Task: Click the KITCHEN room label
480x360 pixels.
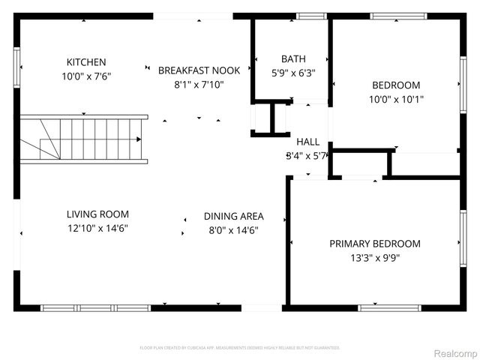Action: tap(86, 62)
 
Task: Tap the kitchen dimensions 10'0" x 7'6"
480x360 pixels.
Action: tap(86, 76)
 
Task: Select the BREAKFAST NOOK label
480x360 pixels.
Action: tap(199, 70)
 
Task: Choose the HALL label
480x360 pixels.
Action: tap(307, 142)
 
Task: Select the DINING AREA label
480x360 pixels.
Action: tap(233, 217)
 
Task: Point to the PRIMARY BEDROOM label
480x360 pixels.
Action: tap(375, 244)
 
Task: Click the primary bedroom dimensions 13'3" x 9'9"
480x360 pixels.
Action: tap(375, 259)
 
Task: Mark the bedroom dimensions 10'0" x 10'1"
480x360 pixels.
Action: tap(395, 100)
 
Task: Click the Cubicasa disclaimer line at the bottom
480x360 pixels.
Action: tap(240, 348)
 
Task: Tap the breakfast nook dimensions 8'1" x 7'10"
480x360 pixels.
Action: tap(199, 85)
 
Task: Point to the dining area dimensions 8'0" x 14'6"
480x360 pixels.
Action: tap(233, 231)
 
